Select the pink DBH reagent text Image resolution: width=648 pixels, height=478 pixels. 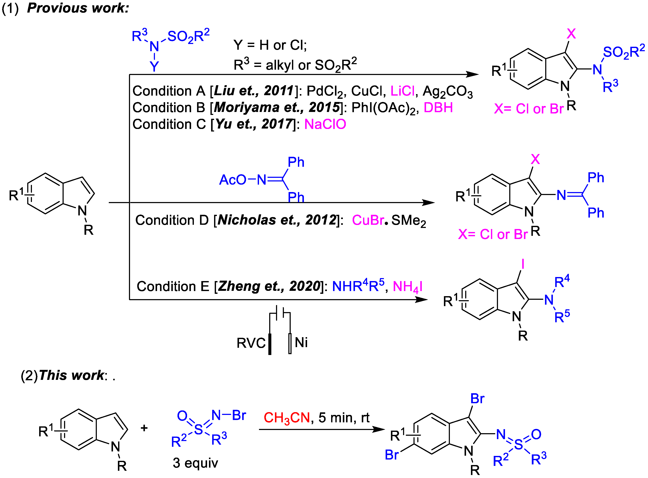438,108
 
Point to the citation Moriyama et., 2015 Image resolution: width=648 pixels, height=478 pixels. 277,108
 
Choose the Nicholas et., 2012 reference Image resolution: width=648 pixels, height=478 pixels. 277,220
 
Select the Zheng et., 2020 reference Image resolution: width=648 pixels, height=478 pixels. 269,286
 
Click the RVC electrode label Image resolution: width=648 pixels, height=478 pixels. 251,343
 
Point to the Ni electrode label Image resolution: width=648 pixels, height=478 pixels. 301,343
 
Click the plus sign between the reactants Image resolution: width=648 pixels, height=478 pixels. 144,428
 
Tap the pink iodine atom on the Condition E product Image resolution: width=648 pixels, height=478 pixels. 522,264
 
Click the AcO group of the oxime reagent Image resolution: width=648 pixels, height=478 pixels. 232,180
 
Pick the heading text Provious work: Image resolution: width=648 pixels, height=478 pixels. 78,8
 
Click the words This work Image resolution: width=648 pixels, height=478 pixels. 71,375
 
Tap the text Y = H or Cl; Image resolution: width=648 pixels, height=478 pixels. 270,45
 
